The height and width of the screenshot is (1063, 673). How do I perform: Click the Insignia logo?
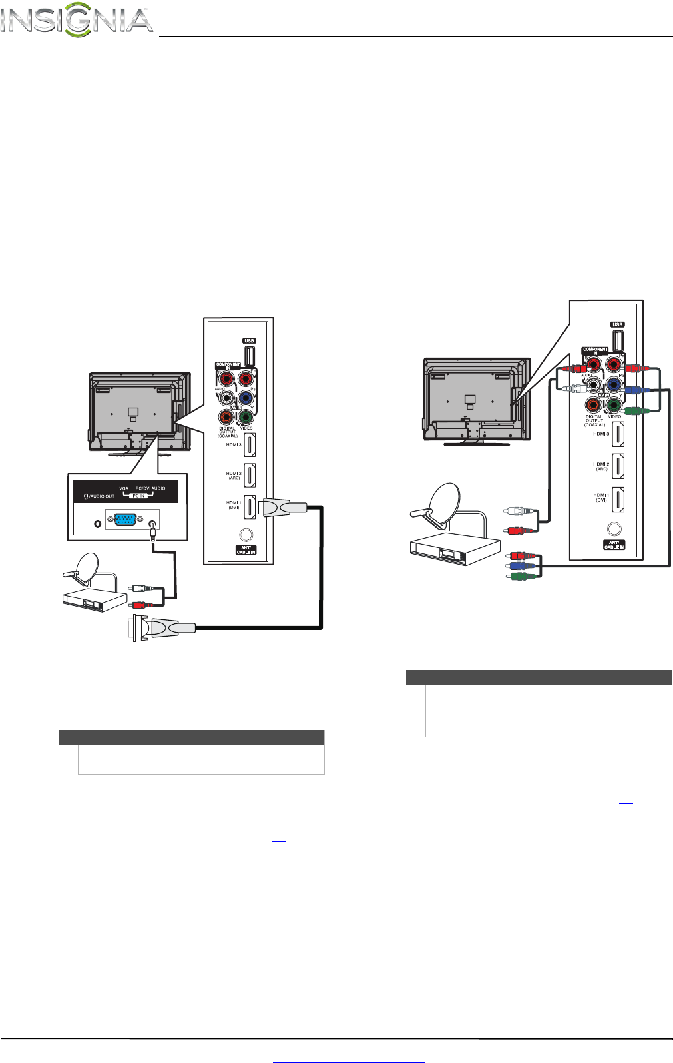[x=77, y=21]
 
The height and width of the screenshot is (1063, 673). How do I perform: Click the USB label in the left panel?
[x=249, y=341]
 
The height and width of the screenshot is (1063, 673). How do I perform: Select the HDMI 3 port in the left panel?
[x=250, y=444]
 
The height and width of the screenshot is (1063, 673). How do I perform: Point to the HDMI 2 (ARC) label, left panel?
[x=233, y=476]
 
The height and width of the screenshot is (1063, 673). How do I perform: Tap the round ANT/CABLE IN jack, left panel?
[x=246, y=535]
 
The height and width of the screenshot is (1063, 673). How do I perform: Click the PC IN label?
[x=138, y=496]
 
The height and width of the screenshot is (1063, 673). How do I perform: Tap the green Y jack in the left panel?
[x=246, y=418]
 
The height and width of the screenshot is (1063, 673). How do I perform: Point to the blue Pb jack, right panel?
[x=614, y=385]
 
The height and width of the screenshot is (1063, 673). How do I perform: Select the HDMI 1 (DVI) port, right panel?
[x=618, y=498]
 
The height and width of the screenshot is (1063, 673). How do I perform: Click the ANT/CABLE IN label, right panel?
[x=614, y=545]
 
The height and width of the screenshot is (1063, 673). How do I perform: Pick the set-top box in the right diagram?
[x=453, y=549]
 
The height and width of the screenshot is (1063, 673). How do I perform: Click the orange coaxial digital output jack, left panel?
[x=227, y=418]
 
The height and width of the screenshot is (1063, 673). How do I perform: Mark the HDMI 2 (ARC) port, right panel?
[x=618, y=466]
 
